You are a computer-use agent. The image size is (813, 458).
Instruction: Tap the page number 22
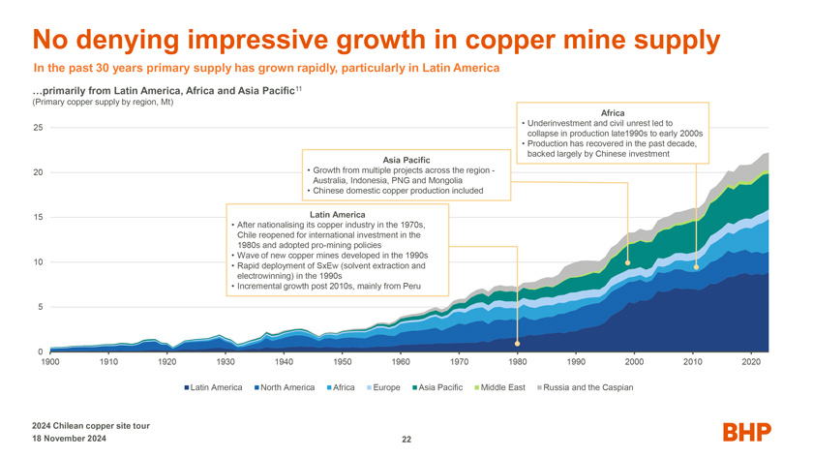click(x=406, y=440)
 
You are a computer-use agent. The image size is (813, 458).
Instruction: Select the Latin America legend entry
click(x=212, y=387)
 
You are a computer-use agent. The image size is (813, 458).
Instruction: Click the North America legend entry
click(x=285, y=387)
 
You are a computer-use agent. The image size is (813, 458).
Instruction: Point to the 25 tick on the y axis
click(x=38, y=128)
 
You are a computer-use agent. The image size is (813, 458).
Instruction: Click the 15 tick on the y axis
click(x=38, y=217)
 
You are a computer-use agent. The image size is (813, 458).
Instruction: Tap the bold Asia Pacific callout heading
click(x=406, y=159)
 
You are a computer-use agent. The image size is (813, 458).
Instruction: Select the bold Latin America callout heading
click(x=337, y=214)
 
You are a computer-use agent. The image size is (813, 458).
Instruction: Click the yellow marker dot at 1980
click(x=518, y=344)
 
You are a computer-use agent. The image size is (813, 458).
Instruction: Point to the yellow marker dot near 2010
click(x=696, y=266)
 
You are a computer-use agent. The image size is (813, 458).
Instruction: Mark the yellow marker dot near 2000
click(x=628, y=262)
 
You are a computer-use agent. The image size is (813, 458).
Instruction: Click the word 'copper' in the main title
click(x=514, y=40)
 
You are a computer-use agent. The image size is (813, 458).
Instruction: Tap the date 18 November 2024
click(x=71, y=439)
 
